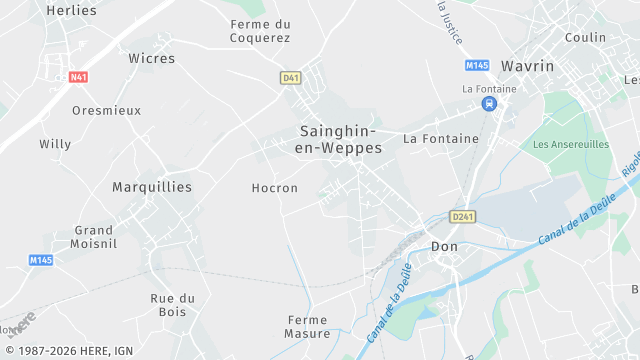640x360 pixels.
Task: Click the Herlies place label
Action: [72, 10]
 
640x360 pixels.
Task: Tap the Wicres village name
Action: [151, 58]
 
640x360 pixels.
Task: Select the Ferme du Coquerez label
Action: [260, 31]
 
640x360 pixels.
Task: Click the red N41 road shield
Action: [78, 77]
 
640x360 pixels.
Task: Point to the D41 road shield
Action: [291, 77]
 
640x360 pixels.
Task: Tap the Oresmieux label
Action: [107, 110]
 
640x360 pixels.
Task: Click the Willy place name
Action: [55, 144]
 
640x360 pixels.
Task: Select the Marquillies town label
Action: [152, 187]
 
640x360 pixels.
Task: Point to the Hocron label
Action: [274, 188]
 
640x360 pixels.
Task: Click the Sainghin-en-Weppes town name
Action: [338, 139]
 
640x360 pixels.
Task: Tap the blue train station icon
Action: [488, 104]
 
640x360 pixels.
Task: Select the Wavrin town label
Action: [527, 65]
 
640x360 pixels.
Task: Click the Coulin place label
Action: [585, 37]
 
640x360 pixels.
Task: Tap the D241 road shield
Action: [463, 216]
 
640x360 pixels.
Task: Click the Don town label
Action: [443, 246]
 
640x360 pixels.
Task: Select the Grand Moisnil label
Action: [93, 236]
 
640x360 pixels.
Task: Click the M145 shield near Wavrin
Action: [477, 65]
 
